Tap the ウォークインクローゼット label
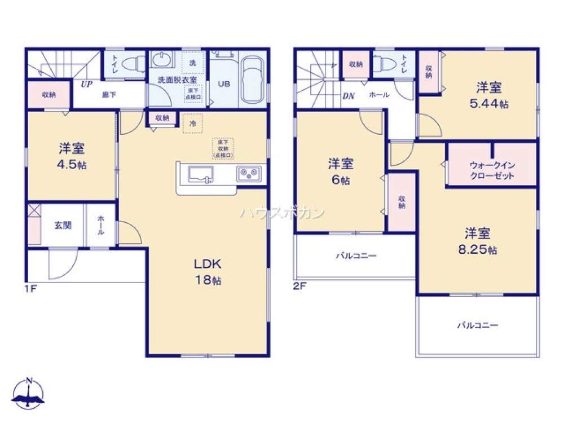click(492, 171)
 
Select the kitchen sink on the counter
click(200, 174)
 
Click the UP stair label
click(86, 85)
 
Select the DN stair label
click(348, 95)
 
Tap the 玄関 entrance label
click(63, 225)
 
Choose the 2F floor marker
click(299, 287)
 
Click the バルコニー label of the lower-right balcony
click(477, 325)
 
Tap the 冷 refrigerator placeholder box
click(192, 124)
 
